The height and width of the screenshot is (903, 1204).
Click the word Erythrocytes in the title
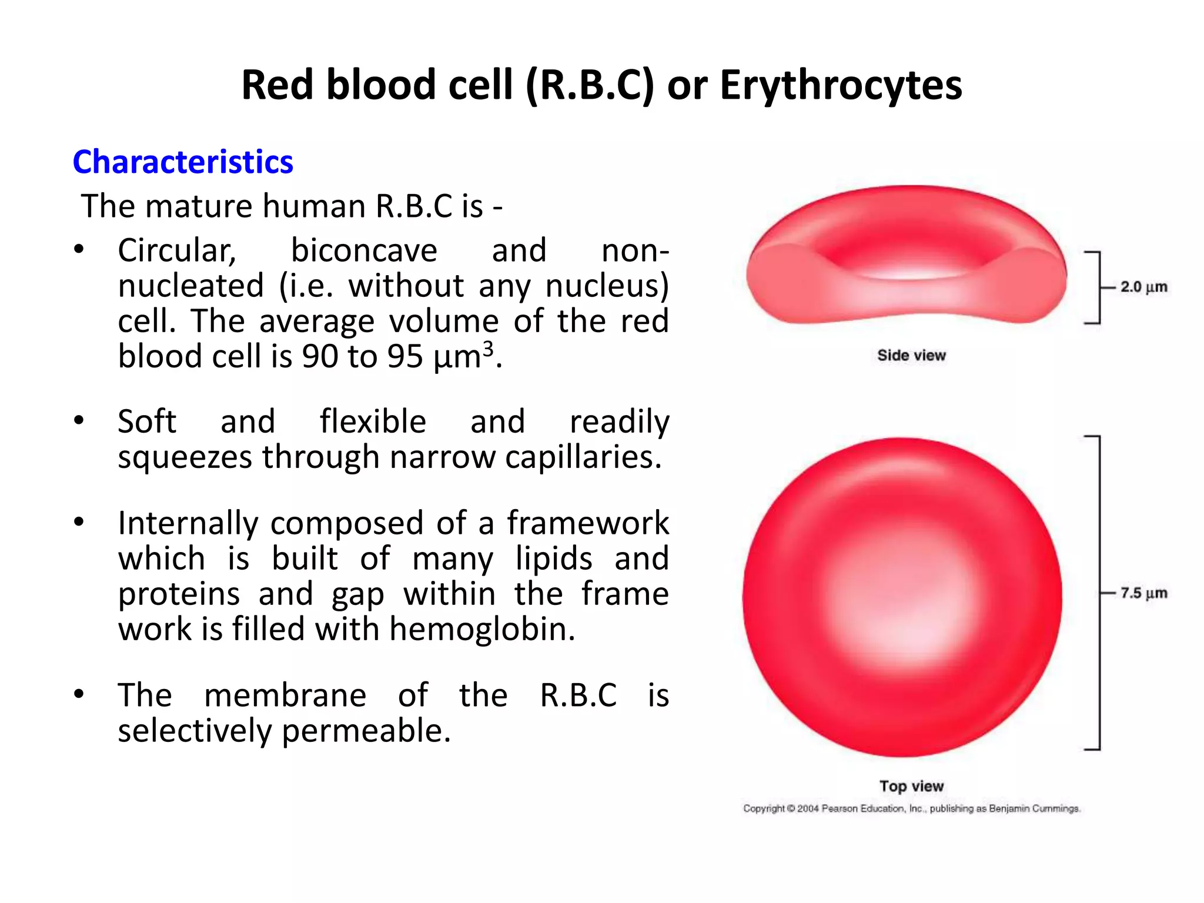tap(841, 86)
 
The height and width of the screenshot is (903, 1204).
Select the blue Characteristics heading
tap(183, 162)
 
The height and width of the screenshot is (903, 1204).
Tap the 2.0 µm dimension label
tap(1143, 287)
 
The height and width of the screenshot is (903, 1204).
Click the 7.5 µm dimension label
tap(1143, 593)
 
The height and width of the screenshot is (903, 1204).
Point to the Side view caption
tap(911, 355)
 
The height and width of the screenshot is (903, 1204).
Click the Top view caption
tap(911, 786)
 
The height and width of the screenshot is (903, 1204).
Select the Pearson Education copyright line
tap(911, 808)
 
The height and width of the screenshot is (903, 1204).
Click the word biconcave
tap(364, 251)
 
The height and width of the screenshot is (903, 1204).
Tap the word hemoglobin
tap(481, 629)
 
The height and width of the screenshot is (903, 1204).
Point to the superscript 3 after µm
tap(487, 349)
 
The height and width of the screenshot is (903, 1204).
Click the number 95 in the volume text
tap(405, 357)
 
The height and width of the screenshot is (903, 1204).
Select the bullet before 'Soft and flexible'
tap(79, 421)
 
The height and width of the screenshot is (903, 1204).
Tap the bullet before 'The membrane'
tap(79, 694)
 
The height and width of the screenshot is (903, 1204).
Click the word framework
tap(588, 523)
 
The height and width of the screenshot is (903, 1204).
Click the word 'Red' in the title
tap(277, 86)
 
